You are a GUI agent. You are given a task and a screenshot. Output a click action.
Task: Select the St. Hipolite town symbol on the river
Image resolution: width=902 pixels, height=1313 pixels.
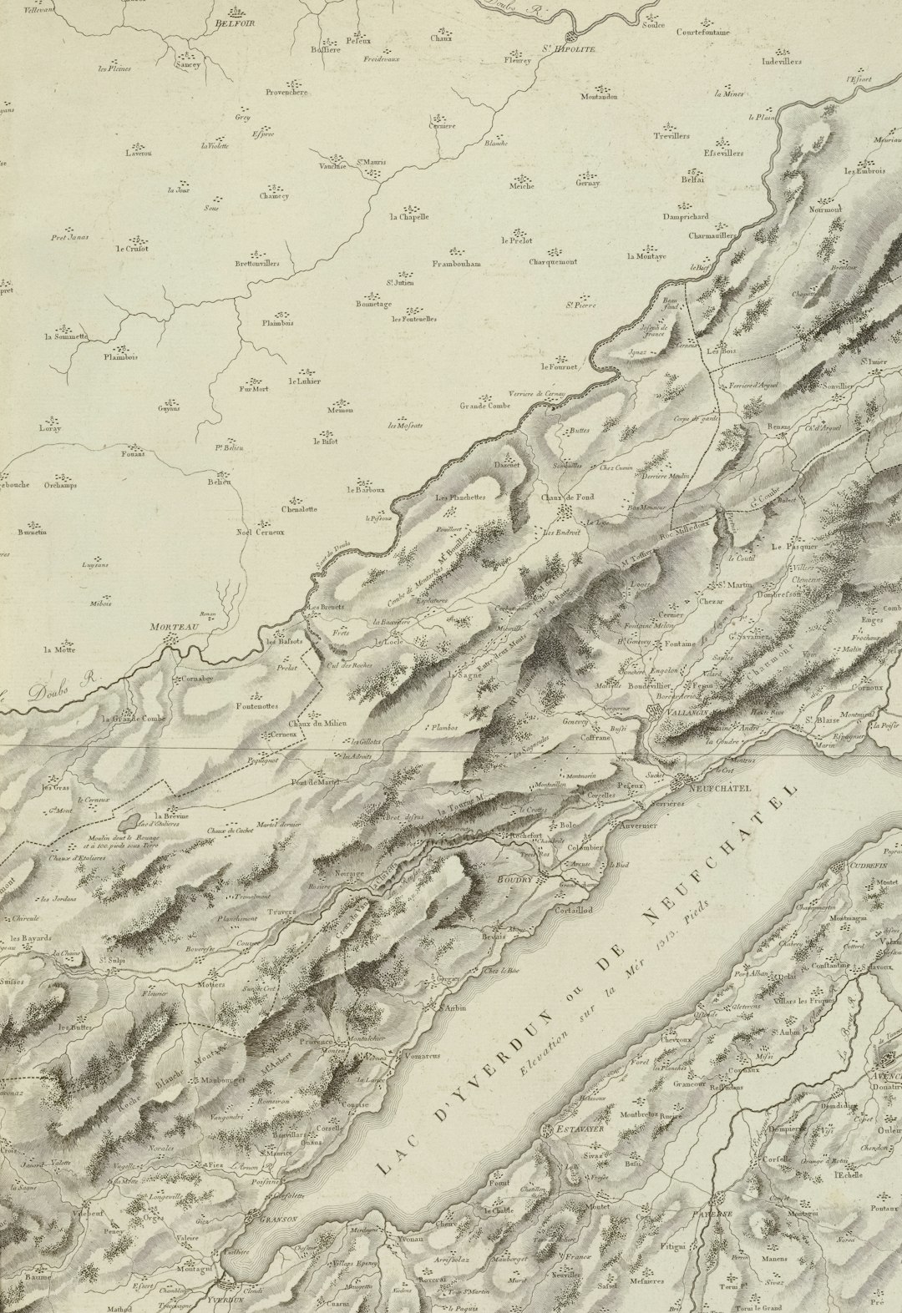point(572,37)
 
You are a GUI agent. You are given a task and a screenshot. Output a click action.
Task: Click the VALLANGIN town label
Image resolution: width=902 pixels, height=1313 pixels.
point(688,712)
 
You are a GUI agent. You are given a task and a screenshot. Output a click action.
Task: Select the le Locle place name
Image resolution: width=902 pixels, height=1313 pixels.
point(388,642)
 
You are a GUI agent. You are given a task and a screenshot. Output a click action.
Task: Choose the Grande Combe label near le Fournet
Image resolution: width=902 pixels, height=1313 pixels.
point(484,407)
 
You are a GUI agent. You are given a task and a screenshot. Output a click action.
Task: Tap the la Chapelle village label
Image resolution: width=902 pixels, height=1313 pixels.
point(408,216)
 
